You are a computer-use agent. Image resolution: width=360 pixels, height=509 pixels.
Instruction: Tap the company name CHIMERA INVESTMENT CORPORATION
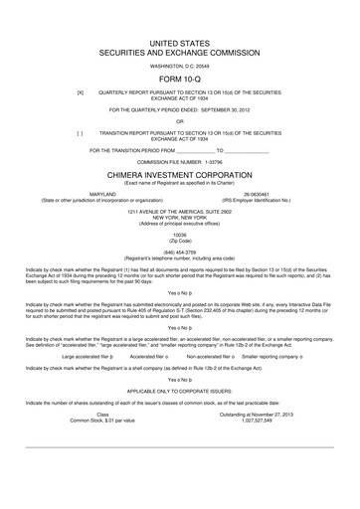(x=180, y=170)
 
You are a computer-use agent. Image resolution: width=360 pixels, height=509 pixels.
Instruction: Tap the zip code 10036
(x=180, y=234)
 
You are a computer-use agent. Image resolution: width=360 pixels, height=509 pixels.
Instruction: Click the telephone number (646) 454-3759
(x=180, y=253)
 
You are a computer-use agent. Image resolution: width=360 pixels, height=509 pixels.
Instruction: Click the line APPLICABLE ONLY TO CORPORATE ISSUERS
(x=180, y=392)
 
